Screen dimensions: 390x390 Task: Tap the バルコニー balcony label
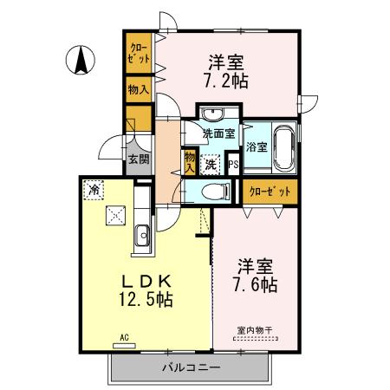[190, 367]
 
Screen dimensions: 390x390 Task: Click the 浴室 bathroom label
[255, 147]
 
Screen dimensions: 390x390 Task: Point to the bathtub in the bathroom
[283, 147]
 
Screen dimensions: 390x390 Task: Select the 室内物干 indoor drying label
[253, 329]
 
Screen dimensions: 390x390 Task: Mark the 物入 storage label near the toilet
[190, 161]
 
